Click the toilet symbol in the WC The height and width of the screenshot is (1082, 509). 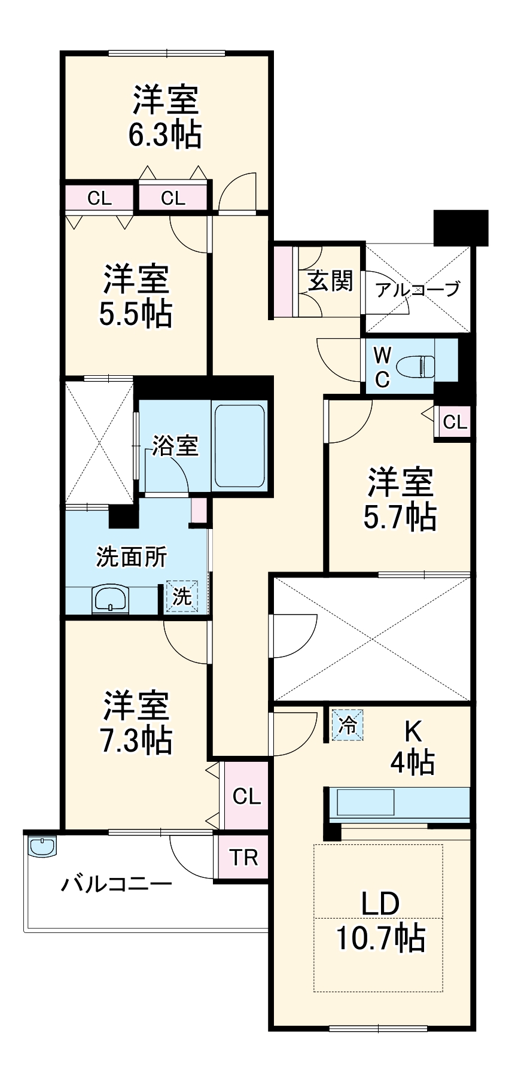click(417, 366)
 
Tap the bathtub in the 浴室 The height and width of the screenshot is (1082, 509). click(239, 446)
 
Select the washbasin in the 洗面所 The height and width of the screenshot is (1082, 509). click(110, 599)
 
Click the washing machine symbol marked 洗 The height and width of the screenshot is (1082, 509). click(182, 596)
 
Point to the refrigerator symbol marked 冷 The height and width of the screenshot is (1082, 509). click(348, 725)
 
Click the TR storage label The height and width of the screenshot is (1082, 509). click(244, 858)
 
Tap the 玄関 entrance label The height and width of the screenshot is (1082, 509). click(330, 280)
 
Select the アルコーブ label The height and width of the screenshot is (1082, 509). click(418, 290)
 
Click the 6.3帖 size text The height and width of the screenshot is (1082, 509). click(165, 135)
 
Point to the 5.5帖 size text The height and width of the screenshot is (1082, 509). click(136, 314)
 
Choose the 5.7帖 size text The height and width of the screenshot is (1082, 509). click(400, 516)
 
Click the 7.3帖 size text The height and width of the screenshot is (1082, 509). click(136, 740)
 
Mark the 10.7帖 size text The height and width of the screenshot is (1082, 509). click(381, 938)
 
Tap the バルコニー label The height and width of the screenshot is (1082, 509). click(117, 883)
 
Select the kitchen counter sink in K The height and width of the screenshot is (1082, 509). click(365, 802)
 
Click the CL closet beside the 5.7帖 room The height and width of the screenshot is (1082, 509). click(455, 422)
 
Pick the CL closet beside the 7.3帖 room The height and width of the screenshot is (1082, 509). click(246, 797)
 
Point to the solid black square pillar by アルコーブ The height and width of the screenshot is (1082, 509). click(461, 227)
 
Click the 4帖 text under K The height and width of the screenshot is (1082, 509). click(412, 762)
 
